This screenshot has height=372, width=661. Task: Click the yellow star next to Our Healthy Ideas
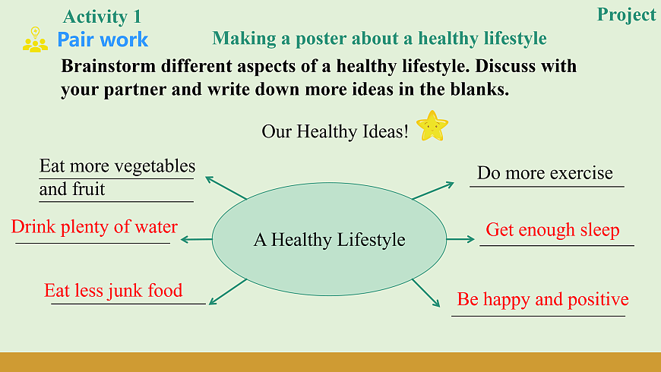(x=432, y=125)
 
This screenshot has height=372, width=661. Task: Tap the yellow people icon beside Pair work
(x=35, y=39)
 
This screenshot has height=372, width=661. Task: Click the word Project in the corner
(x=627, y=15)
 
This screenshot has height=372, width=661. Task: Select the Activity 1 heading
(x=102, y=17)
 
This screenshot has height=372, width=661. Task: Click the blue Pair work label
(x=103, y=39)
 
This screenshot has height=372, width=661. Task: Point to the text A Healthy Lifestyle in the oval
(x=329, y=239)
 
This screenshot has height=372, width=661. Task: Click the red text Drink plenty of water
(x=94, y=227)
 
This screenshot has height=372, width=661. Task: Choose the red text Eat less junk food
(x=113, y=290)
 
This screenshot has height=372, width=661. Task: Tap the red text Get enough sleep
(x=552, y=230)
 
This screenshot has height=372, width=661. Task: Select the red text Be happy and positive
(x=543, y=300)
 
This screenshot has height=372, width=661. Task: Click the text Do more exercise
(x=545, y=173)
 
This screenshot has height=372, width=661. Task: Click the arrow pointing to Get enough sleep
(x=460, y=239)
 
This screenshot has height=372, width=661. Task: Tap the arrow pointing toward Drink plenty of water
(x=196, y=239)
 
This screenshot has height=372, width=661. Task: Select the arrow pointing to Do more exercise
(x=433, y=191)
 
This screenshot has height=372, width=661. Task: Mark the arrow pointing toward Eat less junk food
(x=228, y=292)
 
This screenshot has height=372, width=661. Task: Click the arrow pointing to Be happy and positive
(x=426, y=293)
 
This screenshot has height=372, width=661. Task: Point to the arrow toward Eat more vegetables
(x=226, y=188)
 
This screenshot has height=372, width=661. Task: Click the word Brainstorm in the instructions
(x=108, y=66)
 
